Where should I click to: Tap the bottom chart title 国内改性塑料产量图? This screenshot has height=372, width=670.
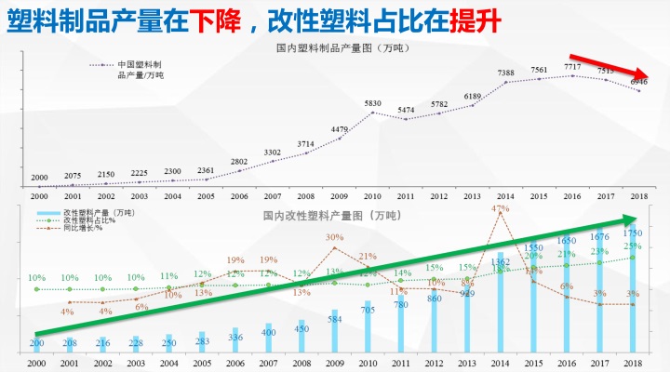pyautogui.click(x=331, y=216)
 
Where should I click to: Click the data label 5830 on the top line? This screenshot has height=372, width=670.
pyautogui.click(x=372, y=103)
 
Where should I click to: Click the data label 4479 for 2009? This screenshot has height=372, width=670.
pyautogui.click(x=339, y=129)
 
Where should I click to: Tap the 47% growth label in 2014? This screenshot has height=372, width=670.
pyautogui.click(x=500, y=209)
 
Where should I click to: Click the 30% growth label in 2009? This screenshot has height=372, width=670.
pyautogui.click(x=335, y=238)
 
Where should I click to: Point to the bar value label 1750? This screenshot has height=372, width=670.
pyautogui.click(x=633, y=232)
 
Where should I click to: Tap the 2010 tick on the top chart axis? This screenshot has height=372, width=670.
pyautogui.click(x=372, y=197)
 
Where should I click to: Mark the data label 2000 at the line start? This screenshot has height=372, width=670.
pyautogui.click(x=39, y=177)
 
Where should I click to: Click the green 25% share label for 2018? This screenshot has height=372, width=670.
pyautogui.click(x=633, y=246)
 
